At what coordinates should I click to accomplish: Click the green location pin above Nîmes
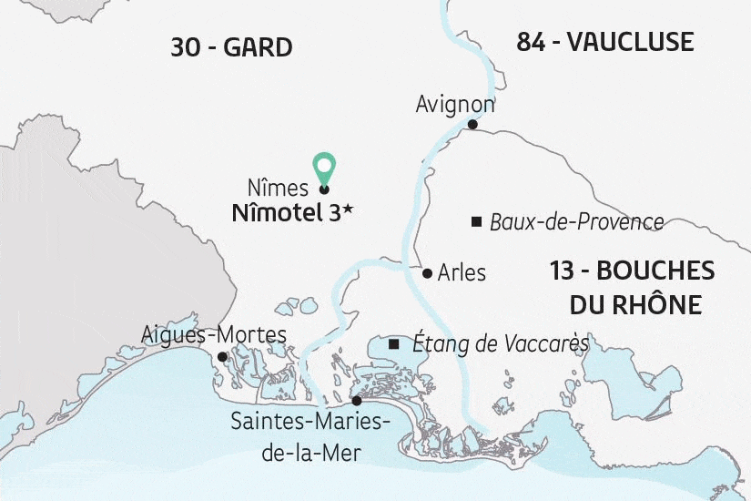(x=323, y=167)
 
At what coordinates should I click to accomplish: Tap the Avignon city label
(x=455, y=104)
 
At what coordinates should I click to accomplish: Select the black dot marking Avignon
(x=472, y=125)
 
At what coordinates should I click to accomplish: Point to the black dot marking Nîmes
(x=324, y=189)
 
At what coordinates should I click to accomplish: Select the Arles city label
(x=462, y=272)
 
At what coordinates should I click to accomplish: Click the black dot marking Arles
(x=427, y=272)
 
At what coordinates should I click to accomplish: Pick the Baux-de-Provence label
(x=576, y=221)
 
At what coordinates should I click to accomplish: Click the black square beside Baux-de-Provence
(x=476, y=221)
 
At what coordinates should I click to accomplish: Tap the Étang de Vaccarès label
(x=501, y=344)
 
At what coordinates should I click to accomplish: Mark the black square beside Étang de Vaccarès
(x=393, y=344)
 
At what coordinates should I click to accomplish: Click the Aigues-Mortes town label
(x=214, y=335)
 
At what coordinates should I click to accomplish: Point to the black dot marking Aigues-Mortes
(x=222, y=357)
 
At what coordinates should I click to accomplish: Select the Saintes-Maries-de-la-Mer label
(x=310, y=435)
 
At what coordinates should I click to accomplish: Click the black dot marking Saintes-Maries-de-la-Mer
(x=356, y=401)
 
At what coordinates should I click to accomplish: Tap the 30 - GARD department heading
(x=231, y=47)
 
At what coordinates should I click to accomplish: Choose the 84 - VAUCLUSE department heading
(x=605, y=42)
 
